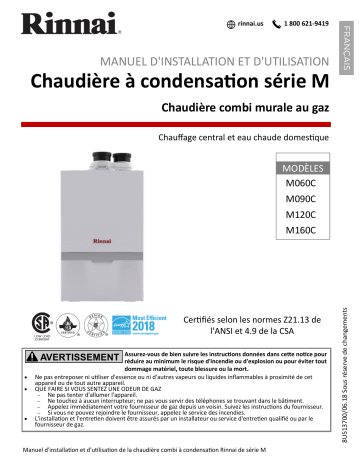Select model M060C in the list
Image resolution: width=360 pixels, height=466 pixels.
300,184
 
